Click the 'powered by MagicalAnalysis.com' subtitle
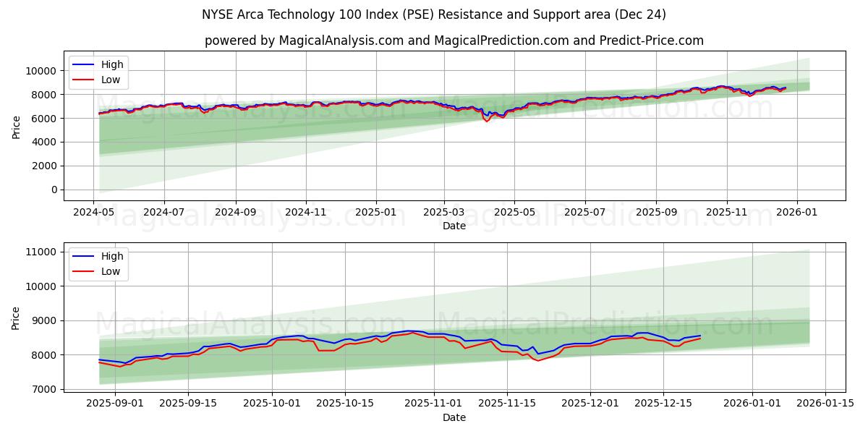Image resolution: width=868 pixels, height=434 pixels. click(454, 41)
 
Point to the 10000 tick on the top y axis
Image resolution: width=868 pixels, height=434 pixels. click(42, 71)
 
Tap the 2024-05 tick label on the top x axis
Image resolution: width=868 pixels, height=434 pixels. click(93, 213)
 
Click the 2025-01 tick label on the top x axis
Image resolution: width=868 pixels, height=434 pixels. click(376, 213)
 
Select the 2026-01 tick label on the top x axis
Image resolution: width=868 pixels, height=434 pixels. click(797, 213)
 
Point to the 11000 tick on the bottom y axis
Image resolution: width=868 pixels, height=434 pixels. click(42, 252)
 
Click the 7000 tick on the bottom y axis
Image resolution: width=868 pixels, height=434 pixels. click(45, 389)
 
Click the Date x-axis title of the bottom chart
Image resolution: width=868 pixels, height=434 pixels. click(454, 417)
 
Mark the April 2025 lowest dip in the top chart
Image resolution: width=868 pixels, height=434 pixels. click(487, 121)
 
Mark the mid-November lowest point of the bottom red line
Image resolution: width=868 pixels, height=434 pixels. click(537, 360)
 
